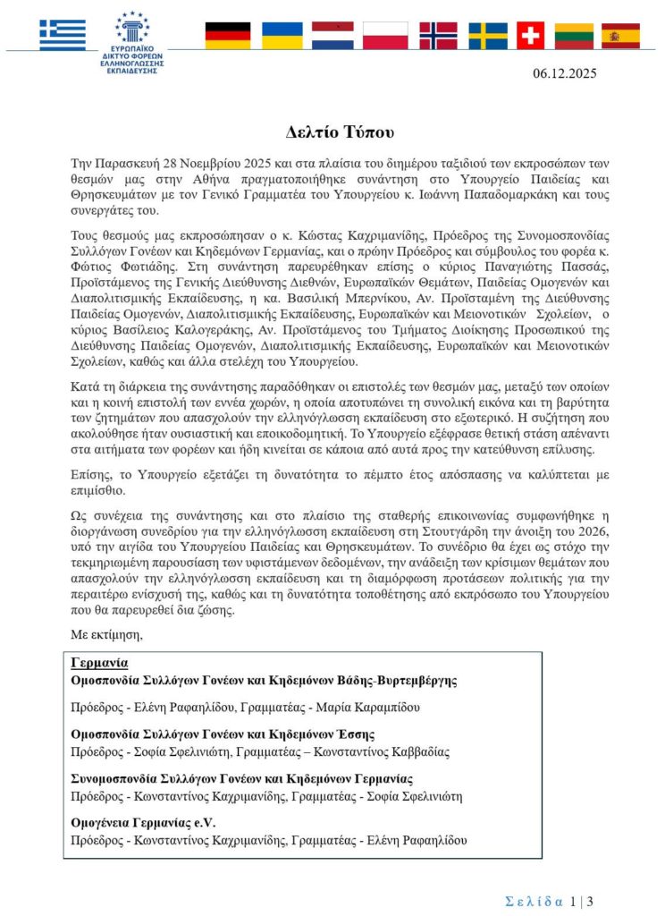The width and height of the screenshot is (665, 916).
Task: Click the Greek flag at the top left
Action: pyautogui.click(x=63, y=35)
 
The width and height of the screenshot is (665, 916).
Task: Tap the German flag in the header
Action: pyautogui.click(x=228, y=36)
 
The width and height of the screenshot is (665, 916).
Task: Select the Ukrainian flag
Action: pyautogui.click(x=281, y=36)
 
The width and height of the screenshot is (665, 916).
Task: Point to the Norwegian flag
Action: pyautogui.click(x=438, y=36)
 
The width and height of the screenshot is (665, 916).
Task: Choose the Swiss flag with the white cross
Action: pyautogui.click(x=531, y=36)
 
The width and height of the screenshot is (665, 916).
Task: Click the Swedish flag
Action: pyautogui.click(x=488, y=36)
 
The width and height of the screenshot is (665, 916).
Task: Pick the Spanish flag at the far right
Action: pyautogui.click(x=620, y=36)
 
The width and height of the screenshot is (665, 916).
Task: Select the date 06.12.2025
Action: pyautogui.click(x=565, y=73)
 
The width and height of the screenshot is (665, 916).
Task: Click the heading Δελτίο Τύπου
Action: pyautogui.click(x=332, y=132)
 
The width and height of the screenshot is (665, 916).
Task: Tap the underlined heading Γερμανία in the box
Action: pyautogui.click(x=99, y=663)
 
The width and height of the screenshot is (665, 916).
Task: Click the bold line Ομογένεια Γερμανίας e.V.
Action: pyautogui.click(x=144, y=822)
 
